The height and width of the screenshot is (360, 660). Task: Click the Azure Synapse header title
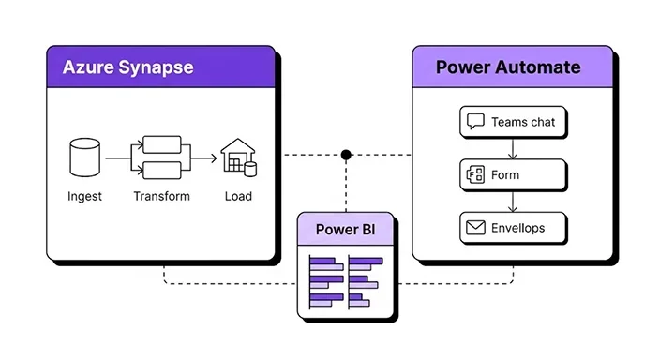[x=127, y=67]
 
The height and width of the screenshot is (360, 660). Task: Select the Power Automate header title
[x=508, y=67]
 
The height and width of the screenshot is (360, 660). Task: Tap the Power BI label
[x=345, y=230]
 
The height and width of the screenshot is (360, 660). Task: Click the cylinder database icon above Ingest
[x=84, y=158]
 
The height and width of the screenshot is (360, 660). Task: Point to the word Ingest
[x=84, y=196]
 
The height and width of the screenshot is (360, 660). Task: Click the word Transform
[x=161, y=196]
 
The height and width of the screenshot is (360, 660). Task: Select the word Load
[x=237, y=196]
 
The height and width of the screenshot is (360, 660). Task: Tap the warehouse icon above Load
[x=237, y=157]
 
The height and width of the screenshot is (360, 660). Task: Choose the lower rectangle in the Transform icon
[x=160, y=170]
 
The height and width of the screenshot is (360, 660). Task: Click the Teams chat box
[x=513, y=122]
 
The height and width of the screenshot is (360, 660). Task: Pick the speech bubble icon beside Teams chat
[x=475, y=122]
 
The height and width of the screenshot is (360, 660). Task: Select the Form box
[x=513, y=174]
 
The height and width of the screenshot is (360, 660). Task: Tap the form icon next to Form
[x=475, y=174]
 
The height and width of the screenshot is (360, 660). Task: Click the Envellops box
[x=513, y=227]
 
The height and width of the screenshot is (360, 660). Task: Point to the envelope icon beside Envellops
[x=475, y=227]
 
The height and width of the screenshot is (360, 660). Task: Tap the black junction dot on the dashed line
[x=346, y=154]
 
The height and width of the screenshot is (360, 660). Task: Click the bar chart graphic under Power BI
[x=345, y=280]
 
